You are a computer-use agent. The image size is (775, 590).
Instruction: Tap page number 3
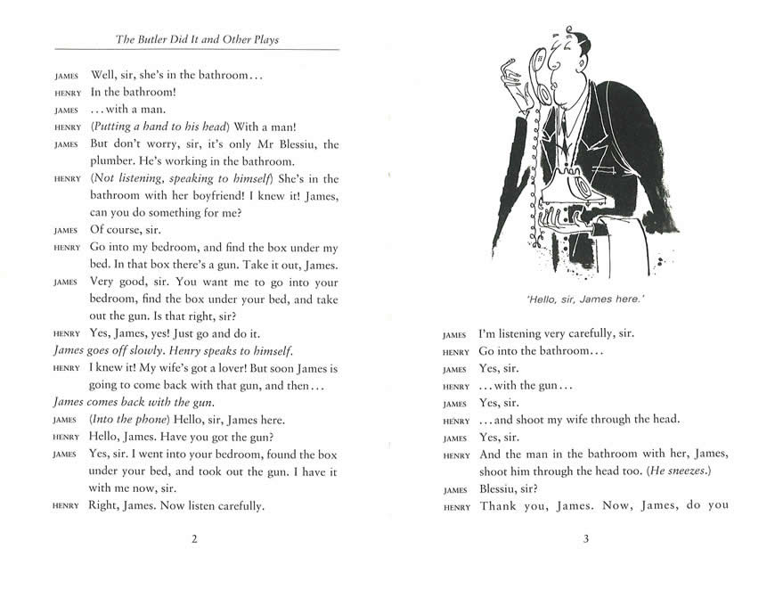point(585,538)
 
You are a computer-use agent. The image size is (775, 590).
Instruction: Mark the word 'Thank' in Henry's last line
point(500,506)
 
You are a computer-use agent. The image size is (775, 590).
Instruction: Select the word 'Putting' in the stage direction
point(114,127)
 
